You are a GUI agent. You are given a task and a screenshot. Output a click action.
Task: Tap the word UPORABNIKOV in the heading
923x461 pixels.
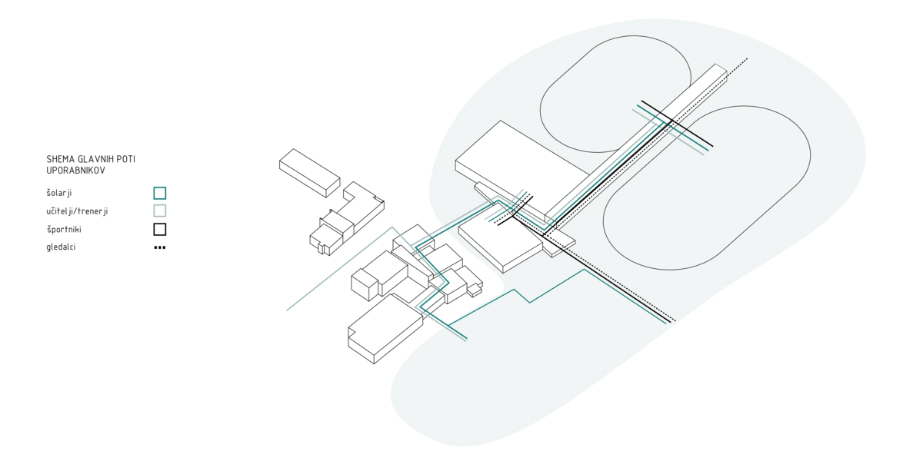[x=76, y=171]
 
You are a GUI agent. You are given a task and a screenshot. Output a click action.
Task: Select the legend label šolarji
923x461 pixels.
[x=59, y=193]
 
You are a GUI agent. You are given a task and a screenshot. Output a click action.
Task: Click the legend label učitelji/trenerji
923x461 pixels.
[x=77, y=211]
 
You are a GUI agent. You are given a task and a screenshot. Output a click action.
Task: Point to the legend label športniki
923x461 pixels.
[x=64, y=229]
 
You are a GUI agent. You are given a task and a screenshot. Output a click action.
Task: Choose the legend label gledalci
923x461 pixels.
[x=61, y=247]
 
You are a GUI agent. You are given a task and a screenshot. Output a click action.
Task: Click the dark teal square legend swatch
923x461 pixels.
[x=160, y=193]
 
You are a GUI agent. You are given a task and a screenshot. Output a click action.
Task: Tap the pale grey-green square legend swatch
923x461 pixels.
[x=160, y=211]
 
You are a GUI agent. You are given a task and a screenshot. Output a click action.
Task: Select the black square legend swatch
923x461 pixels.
[x=160, y=229]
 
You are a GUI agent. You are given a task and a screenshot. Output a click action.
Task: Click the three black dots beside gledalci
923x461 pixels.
[x=160, y=247]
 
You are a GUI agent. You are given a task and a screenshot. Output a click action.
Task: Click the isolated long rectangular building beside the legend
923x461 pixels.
[x=309, y=173]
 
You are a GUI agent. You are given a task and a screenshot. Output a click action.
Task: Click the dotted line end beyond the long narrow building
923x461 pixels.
[x=747, y=59]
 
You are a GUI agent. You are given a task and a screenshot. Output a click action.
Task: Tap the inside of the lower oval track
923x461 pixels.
[x=707, y=188]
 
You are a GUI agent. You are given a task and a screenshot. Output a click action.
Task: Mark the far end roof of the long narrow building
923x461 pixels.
[x=721, y=69]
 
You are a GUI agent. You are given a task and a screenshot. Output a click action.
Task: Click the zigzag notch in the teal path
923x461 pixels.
[x=522, y=296]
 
